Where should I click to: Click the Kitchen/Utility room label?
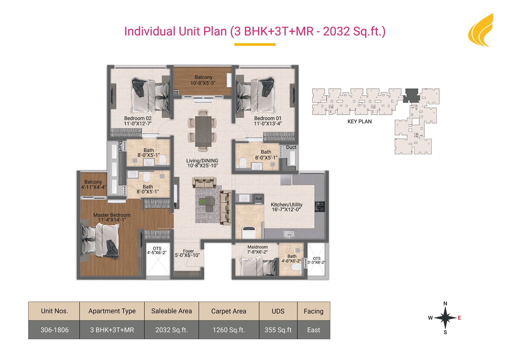click(286, 205)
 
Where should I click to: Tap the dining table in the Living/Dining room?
click(203, 131)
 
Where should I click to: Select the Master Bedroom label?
click(112, 215)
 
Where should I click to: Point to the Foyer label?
click(188, 251)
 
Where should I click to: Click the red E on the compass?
click(459, 318)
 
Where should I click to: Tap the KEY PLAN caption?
click(360, 122)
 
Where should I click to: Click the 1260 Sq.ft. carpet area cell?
click(229, 330)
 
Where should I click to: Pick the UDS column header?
click(278, 311)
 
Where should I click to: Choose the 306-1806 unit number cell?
click(54, 330)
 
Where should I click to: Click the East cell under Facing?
click(314, 330)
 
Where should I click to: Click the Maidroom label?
click(258, 247)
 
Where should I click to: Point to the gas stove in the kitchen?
click(320, 206)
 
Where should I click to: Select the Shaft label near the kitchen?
click(258, 199)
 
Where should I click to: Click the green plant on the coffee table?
click(202, 201)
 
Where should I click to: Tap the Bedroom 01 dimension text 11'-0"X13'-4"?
click(268, 123)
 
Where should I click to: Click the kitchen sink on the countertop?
click(289, 233)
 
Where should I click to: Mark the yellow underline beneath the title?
click(255, 44)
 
